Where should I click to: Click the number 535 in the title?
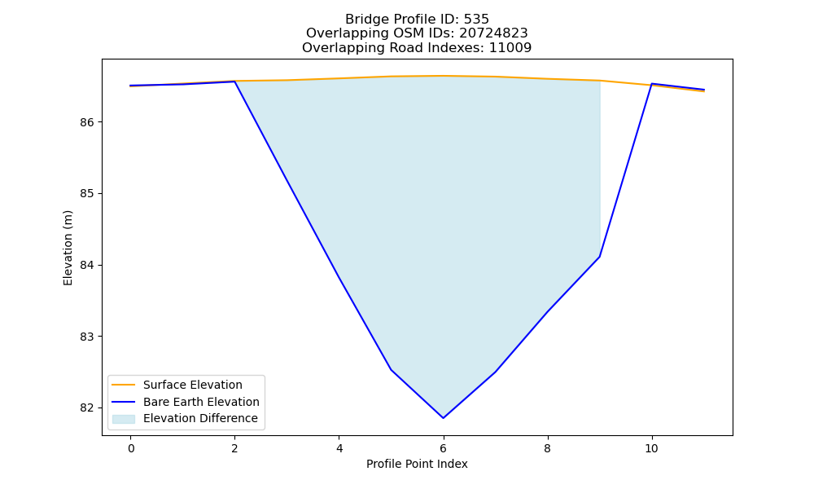click(476, 20)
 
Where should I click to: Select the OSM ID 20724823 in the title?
click(493, 33)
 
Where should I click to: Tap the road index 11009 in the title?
click(510, 48)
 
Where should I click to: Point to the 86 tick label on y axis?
click(87, 122)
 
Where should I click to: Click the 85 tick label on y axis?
click(87, 194)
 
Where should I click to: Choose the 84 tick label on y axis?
click(87, 266)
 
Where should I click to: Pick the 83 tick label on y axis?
click(87, 337)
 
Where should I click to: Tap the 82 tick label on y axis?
click(87, 408)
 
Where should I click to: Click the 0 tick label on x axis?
click(131, 448)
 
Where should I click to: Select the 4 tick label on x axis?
click(339, 448)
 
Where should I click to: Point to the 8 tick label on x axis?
click(547, 448)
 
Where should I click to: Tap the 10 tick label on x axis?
click(651, 448)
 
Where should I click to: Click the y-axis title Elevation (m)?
click(68, 248)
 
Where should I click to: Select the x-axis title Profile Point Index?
click(417, 464)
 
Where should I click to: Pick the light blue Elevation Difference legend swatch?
click(124, 419)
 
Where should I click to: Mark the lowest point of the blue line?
click(444, 418)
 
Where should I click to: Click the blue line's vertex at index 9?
click(600, 257)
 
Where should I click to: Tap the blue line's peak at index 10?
click(651, 84)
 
